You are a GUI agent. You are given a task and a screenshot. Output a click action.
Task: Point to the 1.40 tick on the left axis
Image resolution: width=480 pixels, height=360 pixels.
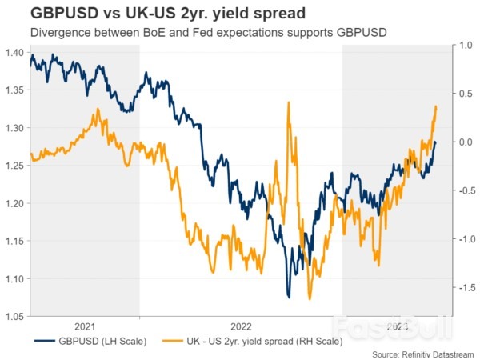(16, 52)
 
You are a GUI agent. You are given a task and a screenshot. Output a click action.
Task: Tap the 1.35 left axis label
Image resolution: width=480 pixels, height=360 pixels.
(16, 90)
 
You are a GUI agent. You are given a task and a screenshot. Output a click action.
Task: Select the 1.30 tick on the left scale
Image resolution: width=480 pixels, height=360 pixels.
(16, 127)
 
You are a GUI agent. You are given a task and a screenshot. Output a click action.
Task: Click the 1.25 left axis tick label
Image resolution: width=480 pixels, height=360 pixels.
(16, 166)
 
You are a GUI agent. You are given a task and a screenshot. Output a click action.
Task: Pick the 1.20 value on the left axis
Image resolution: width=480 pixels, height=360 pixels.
(16, 203)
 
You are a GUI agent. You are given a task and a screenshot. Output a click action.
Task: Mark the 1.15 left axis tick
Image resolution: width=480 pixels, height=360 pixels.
(16, 241)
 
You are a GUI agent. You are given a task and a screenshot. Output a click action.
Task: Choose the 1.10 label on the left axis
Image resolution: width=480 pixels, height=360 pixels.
(16, 278)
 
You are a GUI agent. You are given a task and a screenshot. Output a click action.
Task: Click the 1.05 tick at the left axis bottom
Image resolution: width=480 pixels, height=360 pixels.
(16, 316)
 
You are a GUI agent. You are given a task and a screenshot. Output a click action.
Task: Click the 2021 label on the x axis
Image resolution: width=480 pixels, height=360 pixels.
(84, 327)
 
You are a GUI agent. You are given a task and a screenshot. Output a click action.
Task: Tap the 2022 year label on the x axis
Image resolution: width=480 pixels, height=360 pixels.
(240, 327)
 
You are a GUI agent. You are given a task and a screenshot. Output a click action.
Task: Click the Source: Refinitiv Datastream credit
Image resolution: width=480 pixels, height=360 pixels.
(423, 354)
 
